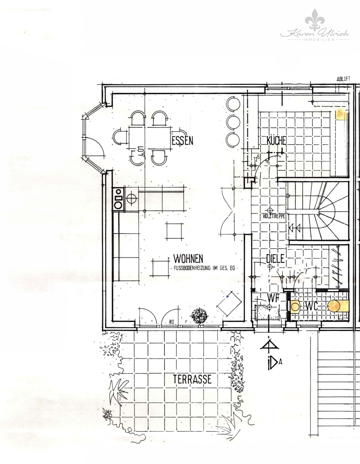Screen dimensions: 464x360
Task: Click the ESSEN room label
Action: [182, 141]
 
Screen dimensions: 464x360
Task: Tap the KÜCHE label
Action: [276, 141]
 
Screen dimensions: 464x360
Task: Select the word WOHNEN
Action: [188, 258]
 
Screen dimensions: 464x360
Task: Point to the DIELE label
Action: [275, 258]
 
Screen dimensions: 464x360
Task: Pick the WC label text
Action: [312, 306]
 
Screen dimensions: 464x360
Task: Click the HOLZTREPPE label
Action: [274, 217]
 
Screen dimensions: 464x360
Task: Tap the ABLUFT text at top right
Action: [343, 79]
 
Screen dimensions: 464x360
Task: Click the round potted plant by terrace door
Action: [199, 315]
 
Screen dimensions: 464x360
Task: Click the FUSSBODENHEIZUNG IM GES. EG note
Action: [204, 268]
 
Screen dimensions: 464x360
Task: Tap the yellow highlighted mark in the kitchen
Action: [341, 115]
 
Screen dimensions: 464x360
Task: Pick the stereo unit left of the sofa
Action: [118, 199]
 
